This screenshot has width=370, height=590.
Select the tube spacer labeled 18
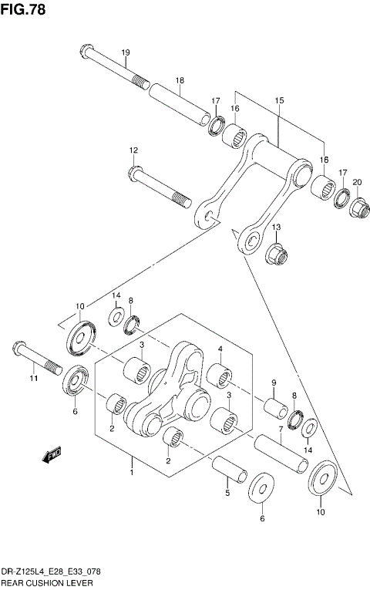180,105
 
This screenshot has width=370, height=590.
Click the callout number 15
279,100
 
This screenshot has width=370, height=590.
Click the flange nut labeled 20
357,207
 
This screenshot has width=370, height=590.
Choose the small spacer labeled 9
274,407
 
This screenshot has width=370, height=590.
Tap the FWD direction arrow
52,456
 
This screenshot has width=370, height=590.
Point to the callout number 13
276,227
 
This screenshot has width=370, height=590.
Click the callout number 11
32,379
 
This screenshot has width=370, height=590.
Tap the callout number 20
357,182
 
